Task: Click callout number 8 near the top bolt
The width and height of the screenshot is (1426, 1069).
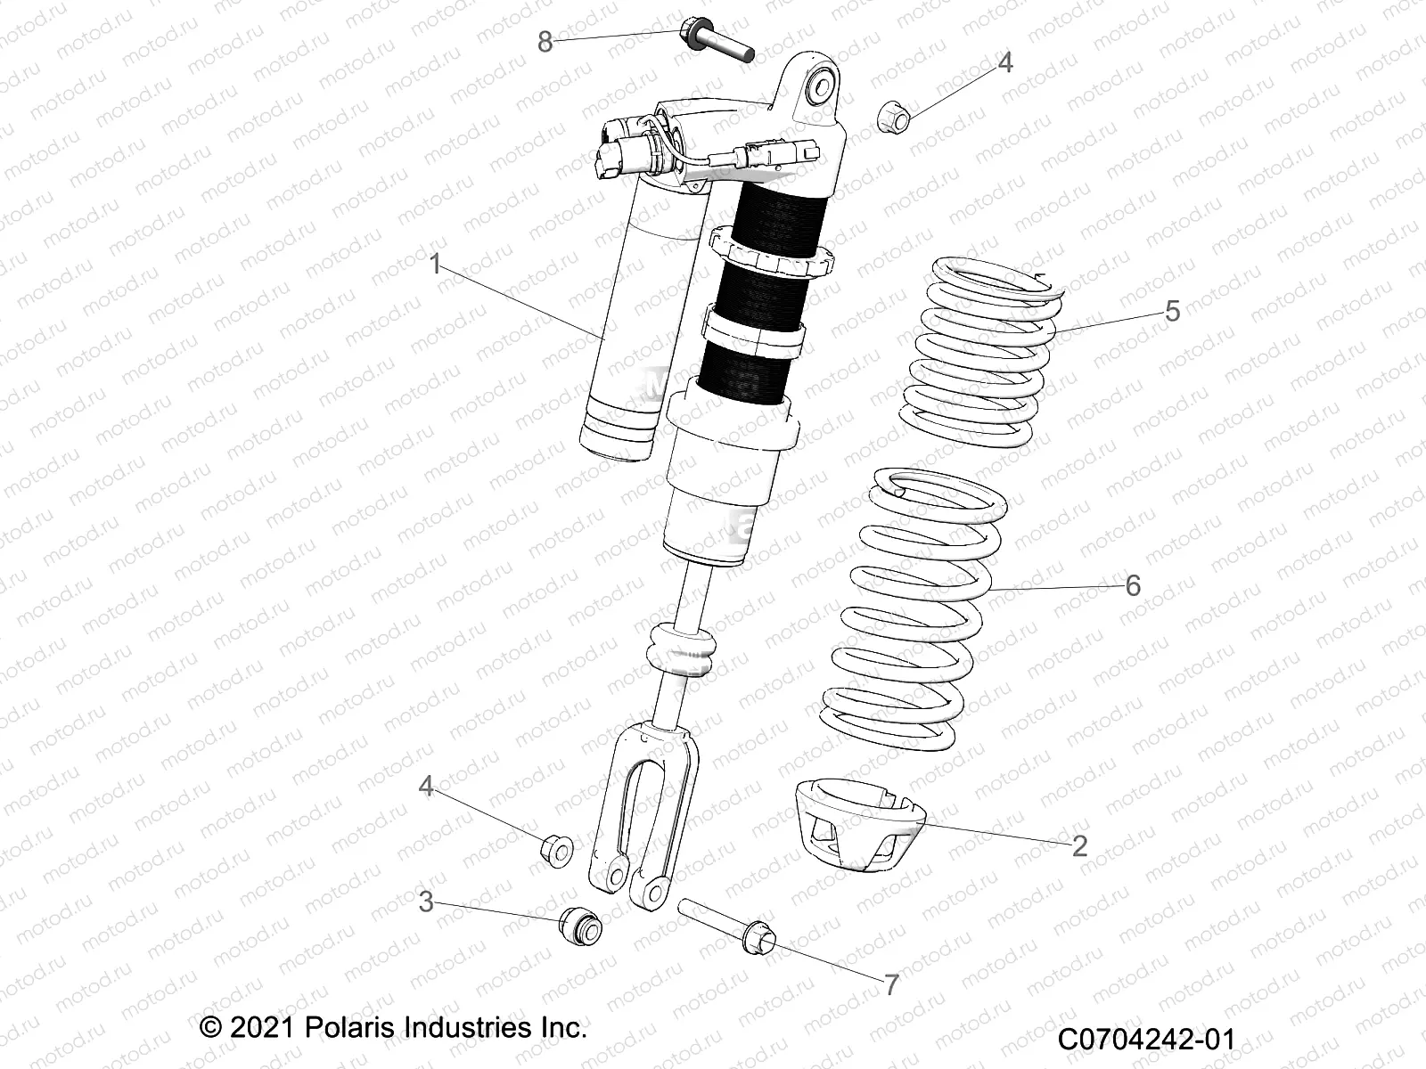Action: pyautogui.click(x=545, y=41)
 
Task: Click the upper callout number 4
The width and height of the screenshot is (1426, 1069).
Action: pyautogui.click(x=1004, y=63)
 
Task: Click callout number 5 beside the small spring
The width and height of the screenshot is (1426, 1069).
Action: pyautogui.click(x=1172, y=311)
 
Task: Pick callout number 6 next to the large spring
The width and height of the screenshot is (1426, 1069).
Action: pyautogui.click(x=1133, y=585)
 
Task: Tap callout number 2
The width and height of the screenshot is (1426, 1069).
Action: pyautogui.click(x=1079, y=845)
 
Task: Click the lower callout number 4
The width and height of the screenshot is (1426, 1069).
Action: pyautogui.click(x=427, y=787)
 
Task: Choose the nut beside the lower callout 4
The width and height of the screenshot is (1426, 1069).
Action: pyautogui.click(x=558, y=851)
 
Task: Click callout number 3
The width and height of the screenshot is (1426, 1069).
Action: pyautogui.click(x=426, y=902)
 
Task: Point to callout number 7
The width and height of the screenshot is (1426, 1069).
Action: pyautogui.click(x=890, y=984)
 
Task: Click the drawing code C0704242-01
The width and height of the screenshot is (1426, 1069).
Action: pyautogui.click(x=1148, y=1040)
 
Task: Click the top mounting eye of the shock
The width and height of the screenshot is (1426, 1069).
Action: pyautogui.click(x=819, y=86)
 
